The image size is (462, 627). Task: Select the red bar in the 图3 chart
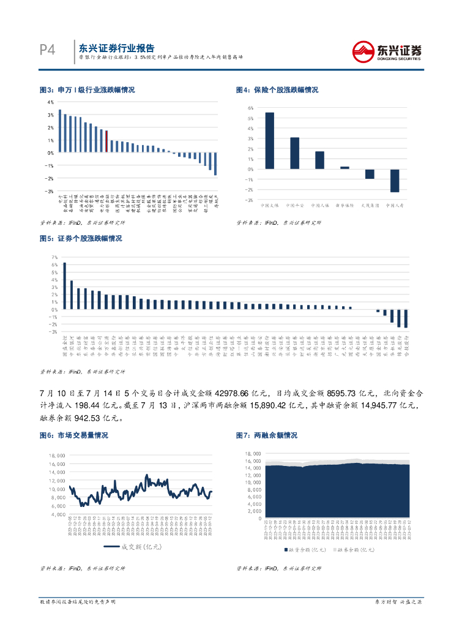tap(106, 141)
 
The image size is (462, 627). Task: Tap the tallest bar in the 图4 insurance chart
tap(269, 140)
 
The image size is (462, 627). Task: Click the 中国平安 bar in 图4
tap(294, 152)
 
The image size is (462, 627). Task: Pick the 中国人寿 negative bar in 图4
tap(394, 181)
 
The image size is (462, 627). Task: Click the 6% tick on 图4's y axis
tap(250, 108)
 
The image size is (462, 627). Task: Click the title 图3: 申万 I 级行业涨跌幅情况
tap(87, 90)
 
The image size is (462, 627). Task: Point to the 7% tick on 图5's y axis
tap(54, 257)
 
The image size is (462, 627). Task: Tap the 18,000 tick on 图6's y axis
tap(56, 456)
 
